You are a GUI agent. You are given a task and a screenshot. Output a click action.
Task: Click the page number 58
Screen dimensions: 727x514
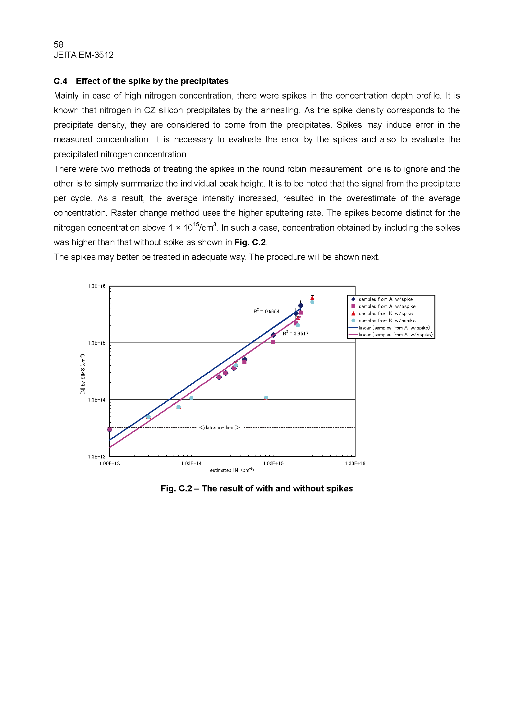58,44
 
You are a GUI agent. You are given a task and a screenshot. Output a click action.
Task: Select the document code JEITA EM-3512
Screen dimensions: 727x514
84,55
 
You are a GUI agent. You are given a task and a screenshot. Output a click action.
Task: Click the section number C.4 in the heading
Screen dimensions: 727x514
61,81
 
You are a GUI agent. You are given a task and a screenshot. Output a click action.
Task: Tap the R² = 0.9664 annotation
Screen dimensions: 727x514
266,311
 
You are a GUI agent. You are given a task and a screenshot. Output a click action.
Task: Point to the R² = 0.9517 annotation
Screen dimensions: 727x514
295,334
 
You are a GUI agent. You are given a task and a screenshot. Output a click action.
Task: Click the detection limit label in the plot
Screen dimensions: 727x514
219,428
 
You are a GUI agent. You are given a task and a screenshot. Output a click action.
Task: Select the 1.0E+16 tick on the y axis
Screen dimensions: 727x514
97,286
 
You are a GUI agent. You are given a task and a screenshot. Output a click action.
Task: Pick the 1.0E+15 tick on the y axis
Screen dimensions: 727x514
97,343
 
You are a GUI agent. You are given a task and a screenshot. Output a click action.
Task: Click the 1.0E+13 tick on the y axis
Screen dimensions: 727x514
97,457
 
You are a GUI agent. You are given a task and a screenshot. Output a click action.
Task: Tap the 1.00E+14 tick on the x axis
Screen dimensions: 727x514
191,463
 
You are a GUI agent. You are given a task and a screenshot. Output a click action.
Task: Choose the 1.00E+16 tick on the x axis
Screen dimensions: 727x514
355,463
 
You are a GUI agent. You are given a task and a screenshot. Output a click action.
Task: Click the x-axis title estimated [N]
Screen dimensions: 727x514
232,470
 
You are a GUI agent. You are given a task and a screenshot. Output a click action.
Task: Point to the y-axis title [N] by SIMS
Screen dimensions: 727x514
83,374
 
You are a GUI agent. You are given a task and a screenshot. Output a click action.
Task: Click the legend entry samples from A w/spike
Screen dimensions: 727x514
385,299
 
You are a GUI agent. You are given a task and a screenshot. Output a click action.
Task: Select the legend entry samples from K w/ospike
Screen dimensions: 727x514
387,321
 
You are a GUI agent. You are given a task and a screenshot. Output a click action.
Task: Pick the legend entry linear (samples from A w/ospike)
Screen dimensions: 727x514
395,335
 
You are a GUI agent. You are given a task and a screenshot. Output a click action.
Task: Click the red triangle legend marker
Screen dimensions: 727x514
353,314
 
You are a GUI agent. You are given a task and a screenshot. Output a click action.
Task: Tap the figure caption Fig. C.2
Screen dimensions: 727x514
257,489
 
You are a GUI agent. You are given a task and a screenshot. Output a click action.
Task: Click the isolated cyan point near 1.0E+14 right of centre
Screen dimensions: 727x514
266,398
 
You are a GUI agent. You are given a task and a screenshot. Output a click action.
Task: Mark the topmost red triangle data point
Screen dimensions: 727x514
312,298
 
